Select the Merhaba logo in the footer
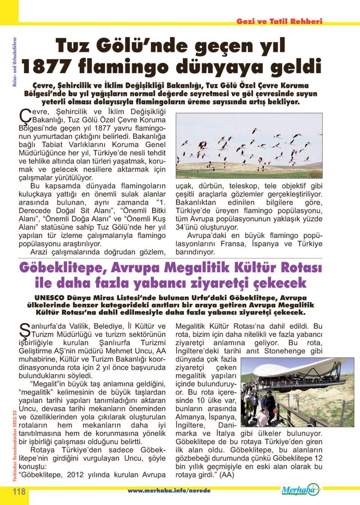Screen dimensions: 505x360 tap(300, 490)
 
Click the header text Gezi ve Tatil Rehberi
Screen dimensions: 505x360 tap(279, 21)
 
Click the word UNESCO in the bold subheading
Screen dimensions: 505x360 tap(50, 298)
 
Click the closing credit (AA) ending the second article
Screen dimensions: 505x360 tap(227, 476)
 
